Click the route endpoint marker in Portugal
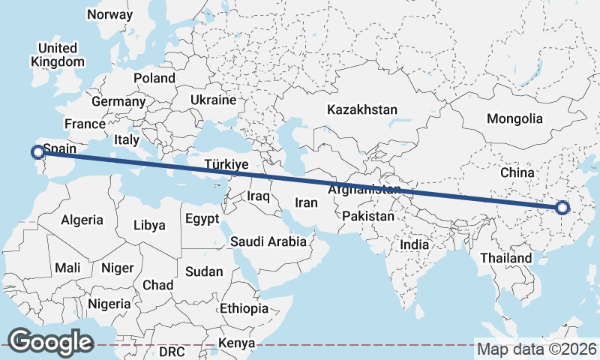coord(37,152)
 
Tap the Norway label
coord(109,14)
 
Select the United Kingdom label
coord(57,55)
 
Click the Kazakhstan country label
coord(361,109)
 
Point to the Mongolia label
coord(514,118)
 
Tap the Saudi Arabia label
coord(268,241)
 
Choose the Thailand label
coord(506,258)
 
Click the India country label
coord(414,244)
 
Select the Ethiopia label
coord(244,308)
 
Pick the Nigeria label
coord(109,304)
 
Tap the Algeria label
coord(82,220)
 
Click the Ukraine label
coord(213,100)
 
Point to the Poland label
coord(154,78)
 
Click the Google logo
coord(50,342)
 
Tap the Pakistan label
coord(367,217)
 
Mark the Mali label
coord(67,268)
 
